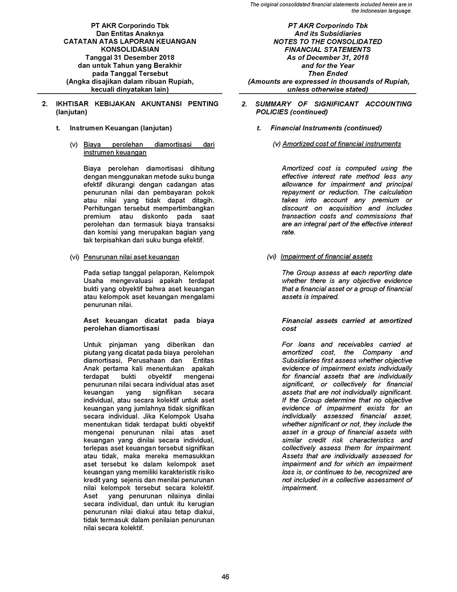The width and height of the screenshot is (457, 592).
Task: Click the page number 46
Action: [x=226, y=577]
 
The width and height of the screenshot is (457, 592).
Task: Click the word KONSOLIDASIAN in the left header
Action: [x=130, y=50]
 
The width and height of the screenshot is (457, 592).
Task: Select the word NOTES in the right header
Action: [x=286, y=42]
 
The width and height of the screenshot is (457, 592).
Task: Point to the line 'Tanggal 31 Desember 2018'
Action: [x=130, y=58]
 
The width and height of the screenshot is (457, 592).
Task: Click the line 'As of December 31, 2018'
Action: [x=328, y=58]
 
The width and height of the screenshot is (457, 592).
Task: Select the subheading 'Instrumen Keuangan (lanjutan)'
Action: [x=121, y=128]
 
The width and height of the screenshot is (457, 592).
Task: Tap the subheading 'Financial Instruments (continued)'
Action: [x=326, y=128]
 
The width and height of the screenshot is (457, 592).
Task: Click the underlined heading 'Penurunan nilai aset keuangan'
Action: [x=131, y=257]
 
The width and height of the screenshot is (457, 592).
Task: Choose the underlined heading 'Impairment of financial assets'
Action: [x=326, y=257]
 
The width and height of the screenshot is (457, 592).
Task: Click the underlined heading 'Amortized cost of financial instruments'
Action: [x=341, y=144]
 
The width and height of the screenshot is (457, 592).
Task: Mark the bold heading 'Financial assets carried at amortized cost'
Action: [x=347, y=325]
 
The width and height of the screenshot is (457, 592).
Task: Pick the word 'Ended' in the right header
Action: [x=338, y=74]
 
